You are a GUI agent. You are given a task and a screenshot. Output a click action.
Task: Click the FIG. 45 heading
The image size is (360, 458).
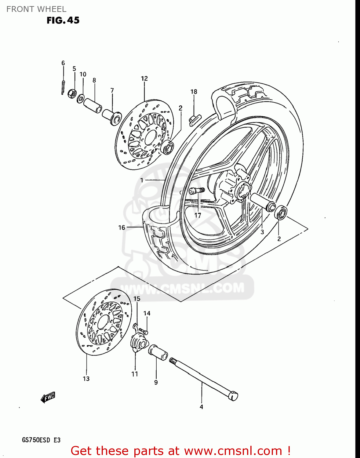click(63, 20)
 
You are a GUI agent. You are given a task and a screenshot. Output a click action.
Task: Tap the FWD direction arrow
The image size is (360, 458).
click(48, 397)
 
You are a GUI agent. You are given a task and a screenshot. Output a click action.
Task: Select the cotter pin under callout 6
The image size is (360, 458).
click(63, 87)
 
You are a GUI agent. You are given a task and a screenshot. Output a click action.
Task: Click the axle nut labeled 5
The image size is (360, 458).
click(72, 93)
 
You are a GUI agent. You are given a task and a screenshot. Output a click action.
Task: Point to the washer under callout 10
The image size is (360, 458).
click(81, 99)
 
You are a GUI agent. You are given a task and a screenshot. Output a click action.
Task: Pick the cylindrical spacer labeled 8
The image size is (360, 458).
click(93, 105)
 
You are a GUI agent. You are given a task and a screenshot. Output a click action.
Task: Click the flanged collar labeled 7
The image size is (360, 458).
click(112, 117)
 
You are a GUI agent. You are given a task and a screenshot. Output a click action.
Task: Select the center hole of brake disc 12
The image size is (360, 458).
click(150, 137)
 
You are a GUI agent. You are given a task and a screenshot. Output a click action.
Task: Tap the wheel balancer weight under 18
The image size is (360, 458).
click(194, 119)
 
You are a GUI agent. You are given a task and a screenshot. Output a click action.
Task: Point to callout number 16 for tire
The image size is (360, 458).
click(122, 227)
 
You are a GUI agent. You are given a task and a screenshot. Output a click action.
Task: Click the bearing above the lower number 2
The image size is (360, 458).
click(281, 213)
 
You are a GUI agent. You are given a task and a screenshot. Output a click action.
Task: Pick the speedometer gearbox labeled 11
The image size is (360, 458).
click(138, 342)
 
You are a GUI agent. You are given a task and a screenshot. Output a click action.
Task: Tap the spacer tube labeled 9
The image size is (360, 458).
click(158, 352)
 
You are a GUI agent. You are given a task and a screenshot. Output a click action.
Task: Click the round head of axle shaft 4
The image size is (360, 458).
click(234, 396)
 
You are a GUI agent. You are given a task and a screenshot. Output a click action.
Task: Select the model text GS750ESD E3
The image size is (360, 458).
click(41, 440)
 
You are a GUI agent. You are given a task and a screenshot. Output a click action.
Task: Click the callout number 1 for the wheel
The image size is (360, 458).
click(142, 180)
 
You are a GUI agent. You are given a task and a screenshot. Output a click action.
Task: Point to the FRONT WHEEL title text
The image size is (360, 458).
click(36, 9)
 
